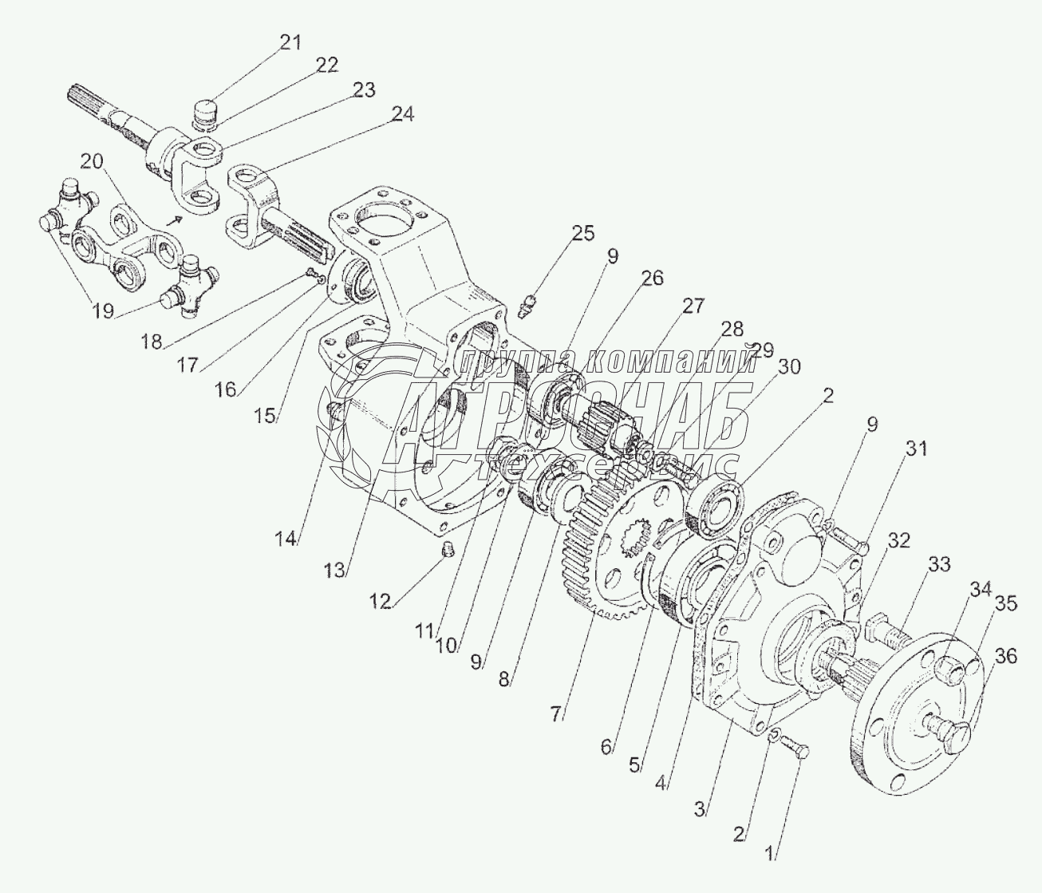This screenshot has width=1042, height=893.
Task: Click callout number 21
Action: [290, 42]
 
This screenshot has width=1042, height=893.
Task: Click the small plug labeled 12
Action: [447, 548]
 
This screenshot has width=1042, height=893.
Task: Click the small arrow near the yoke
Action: [174, 219]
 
